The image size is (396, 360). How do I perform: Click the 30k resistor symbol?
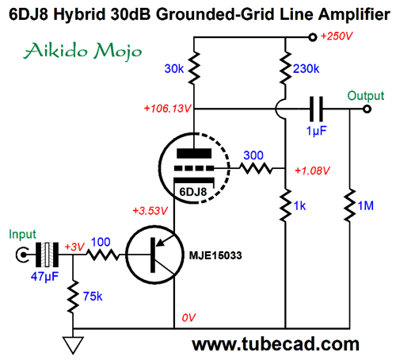click(x=194, y=68)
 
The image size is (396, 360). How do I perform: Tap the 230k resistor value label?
click(x=306, y=69)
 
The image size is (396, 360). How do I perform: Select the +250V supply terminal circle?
click(x=313, y=37)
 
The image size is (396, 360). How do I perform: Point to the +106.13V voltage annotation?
click(x=167, y=109)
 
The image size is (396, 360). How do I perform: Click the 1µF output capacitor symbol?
click(x=316, y=109)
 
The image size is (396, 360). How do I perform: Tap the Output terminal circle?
click(x=367, y=109)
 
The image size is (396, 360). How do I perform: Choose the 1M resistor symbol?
click(x=350, y=205)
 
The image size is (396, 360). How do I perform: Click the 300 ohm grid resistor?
click(x=255, y=168)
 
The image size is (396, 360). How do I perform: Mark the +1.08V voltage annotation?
click(x=312, y=170)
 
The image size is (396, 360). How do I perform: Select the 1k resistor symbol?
click(x=285, y=205)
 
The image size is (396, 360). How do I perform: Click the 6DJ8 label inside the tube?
click(x=193, y=192)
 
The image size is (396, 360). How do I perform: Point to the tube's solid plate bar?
click(x=194, y=153)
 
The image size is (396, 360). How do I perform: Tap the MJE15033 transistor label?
click(x=215, y=255)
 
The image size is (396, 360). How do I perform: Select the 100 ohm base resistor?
click(x=103, y=255)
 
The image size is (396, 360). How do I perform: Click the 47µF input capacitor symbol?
click(x=47, y=255)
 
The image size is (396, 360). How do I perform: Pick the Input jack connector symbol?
click(x=22, y=255)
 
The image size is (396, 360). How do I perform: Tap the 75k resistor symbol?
click(x=73, y=297)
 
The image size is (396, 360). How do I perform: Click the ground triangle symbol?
click(x=73, y=345)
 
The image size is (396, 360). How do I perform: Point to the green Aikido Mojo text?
click(x=83, y=51)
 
